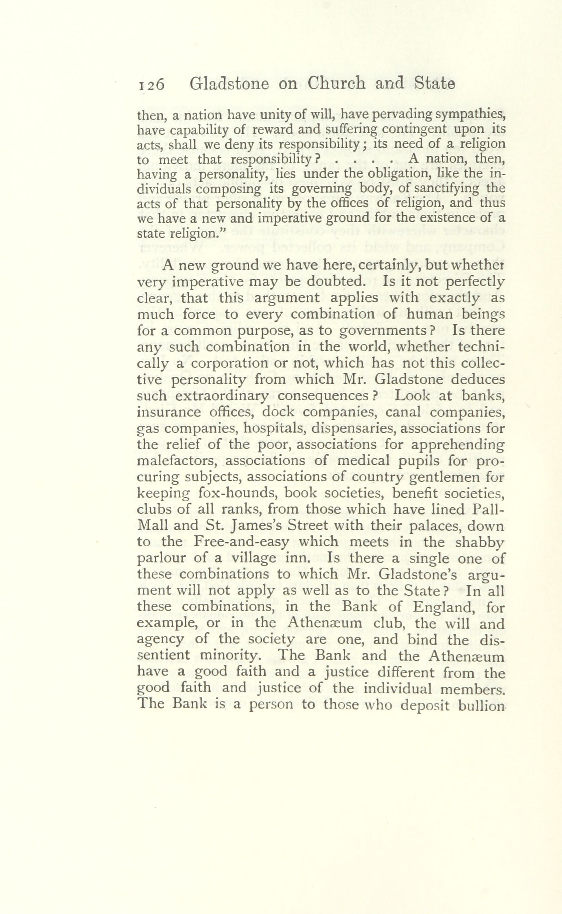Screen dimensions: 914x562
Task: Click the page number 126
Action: pyautogui.click(x=151, y=85)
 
